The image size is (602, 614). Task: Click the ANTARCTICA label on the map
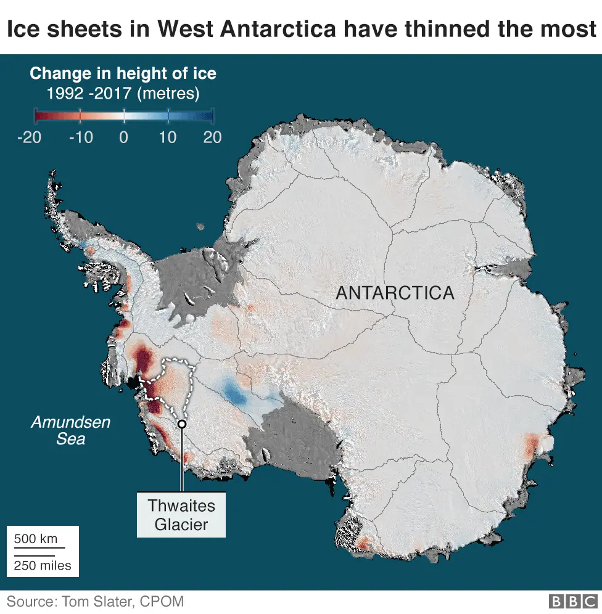pyautogui.click(x=395, y=293)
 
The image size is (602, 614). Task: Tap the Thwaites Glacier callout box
pyautogui.click(x=181, y=515)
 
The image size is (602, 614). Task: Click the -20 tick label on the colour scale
pyautogui.click(x=29, y=137)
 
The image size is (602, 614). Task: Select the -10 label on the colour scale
pyautogui.click(x=80, y=137)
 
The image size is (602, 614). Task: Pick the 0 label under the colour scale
pyautogui.click(x=124, y=137)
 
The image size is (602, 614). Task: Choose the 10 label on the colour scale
pyautogui.click(x=168, y=137)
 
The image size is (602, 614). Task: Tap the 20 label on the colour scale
pyautogui.click(x=212, y=137)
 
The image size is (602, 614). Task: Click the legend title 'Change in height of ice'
pyautogui.click(x=123, y=74)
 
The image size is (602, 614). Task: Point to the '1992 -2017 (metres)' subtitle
pyautogui.click(x=123, y=94)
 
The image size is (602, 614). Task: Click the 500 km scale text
pyautogui.click(x=36, y=539)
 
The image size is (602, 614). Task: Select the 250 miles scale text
pyautogui.click(x=43, y=565)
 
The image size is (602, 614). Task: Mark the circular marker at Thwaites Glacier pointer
pyautogui.click(x=181, y=424)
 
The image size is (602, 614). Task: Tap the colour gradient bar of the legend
pyautogui.click(x=123, y=115)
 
